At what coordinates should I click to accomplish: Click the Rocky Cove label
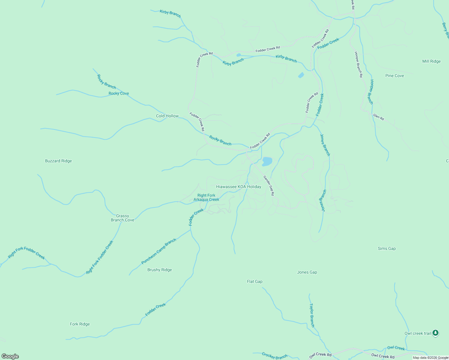119,93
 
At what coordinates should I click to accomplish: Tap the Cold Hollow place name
167,116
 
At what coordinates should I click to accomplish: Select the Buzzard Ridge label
58,161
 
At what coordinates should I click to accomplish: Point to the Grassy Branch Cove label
122,218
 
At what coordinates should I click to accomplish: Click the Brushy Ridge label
159,270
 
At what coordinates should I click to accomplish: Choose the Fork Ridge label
80,324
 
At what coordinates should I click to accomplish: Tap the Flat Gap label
255,281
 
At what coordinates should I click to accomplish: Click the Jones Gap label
307,272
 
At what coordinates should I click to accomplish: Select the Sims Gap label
387,248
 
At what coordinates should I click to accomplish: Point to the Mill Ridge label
431,61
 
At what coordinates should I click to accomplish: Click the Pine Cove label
394,76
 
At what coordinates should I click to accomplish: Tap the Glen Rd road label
378,117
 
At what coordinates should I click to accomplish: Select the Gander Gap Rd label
269,186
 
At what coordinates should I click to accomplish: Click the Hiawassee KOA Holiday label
239,187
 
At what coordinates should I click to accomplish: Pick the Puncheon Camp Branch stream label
158,251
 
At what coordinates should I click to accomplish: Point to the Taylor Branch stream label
312,315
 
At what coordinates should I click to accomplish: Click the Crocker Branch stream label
275,356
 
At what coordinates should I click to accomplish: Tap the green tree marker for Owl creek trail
435,333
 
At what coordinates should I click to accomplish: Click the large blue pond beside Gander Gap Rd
267,161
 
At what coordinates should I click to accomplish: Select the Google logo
10,356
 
